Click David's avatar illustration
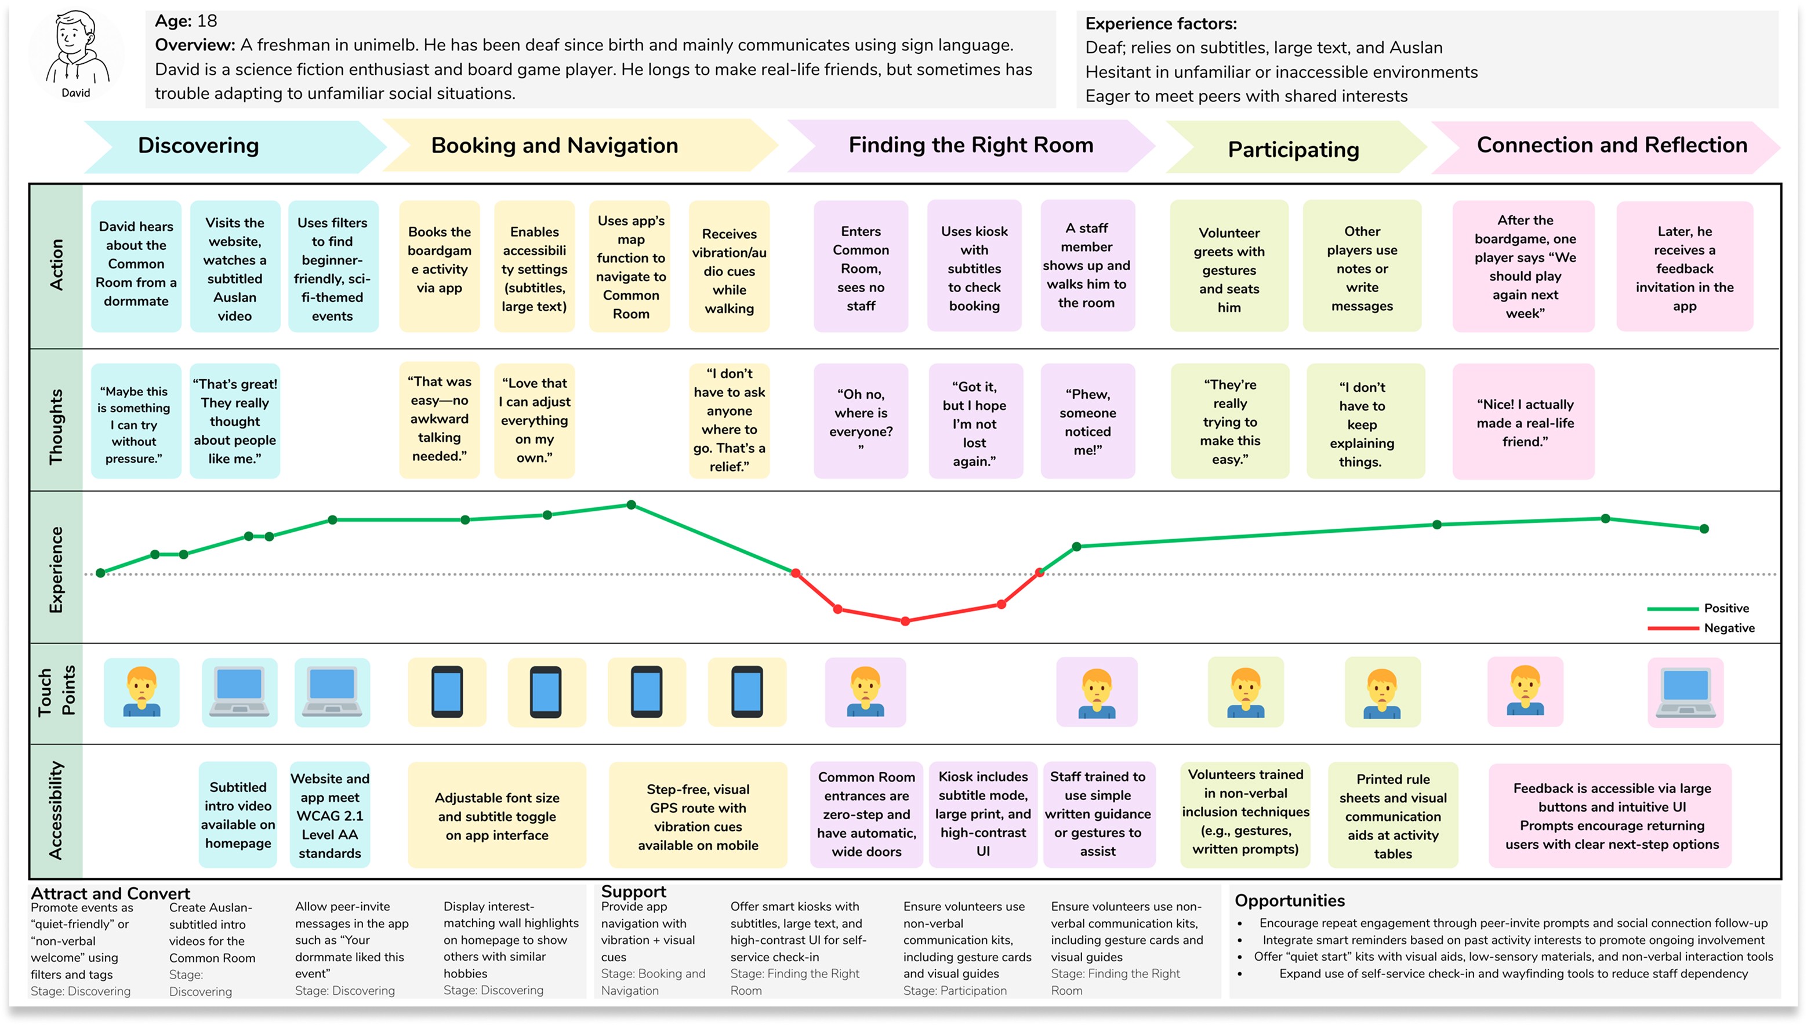coord(76,49)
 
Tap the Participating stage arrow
coord(1293,149)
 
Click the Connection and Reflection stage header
coord(1611,145)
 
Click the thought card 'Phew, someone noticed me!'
coord(1087,421)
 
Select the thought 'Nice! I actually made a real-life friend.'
coord(1525,423)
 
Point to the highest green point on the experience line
coord(631,505)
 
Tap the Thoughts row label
coord(56,426)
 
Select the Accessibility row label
coord(56,810)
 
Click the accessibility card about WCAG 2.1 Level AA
coord(329,815)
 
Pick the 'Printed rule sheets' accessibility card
coord(1392,815)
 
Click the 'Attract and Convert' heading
coord(111,893)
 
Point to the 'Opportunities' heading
coord(1289,900)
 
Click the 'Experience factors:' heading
coord(1160,24)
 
